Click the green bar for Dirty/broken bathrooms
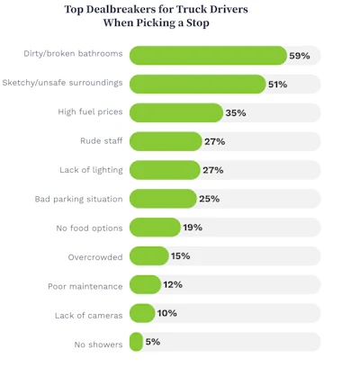tap(208, 56)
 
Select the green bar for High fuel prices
tap(176, 112)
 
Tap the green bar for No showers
tap(136, 342)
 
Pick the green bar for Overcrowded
tap(149, 256)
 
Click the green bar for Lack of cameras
tap(142, 313)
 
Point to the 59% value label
tap(300, 56)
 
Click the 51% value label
tap(277, 85)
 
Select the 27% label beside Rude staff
tap(215, 141)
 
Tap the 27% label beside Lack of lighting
tap(213, 170)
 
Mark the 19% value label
tap(193, 228)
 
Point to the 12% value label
tap(173, 284)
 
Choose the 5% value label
tap(153, 342)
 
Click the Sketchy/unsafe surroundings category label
tap(62, 83)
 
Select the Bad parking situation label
tap(78, 199)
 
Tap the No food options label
tap(89, 228)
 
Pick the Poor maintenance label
tap(85, 286)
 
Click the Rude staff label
tap(102, 140)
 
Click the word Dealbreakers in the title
tap(119, 9)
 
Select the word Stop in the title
tap(198, 22)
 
